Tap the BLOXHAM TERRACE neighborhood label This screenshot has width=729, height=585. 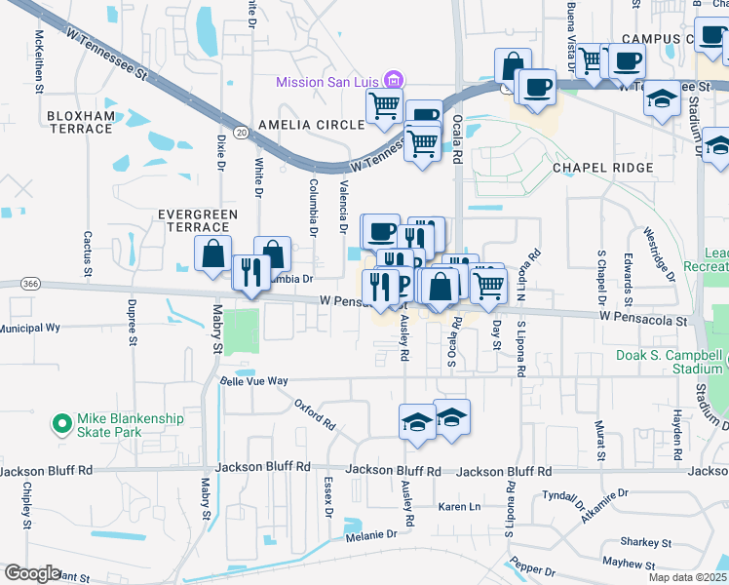coord(80,122)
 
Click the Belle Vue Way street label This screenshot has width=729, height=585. coord(253,381)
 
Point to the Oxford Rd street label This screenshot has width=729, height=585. coord(316,413)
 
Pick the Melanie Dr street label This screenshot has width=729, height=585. coord(370,534)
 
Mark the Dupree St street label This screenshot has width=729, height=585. coord(132,316)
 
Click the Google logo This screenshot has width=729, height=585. coord(32,573)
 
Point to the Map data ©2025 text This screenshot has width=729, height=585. coord(687,577)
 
